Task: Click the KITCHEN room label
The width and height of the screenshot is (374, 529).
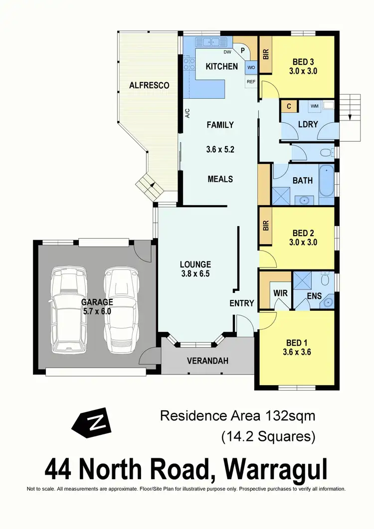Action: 222,66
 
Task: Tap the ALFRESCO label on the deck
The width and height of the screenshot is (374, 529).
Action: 149,85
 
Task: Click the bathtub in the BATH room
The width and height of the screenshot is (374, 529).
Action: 326,182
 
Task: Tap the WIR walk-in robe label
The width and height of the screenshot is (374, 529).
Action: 280,293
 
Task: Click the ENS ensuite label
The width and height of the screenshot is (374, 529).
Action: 314,296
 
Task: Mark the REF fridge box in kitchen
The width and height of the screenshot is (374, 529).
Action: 251,81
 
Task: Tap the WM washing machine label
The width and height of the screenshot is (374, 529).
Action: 315,106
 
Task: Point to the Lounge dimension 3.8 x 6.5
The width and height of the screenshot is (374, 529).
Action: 195,273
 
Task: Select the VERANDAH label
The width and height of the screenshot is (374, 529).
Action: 208,361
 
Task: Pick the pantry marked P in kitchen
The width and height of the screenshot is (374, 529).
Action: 244,50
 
